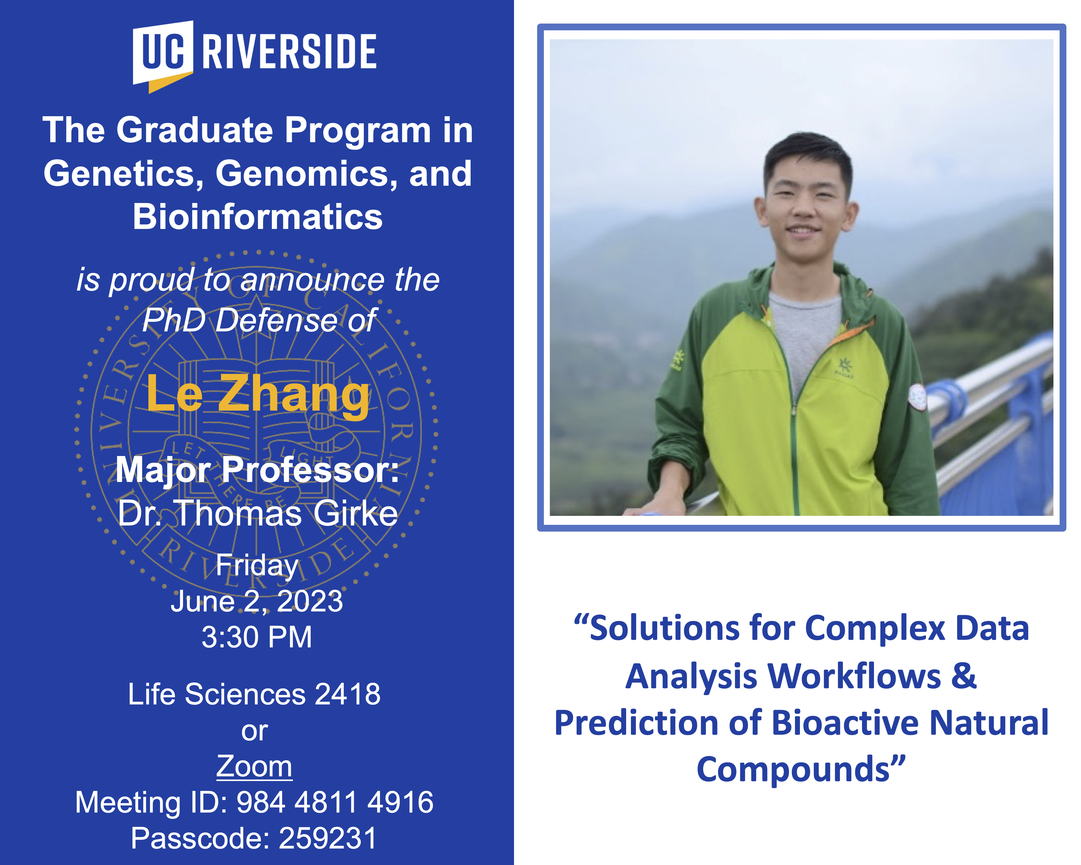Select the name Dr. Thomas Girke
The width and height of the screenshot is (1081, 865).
coord(258,514)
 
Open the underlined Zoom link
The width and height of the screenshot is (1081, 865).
coord(254,767)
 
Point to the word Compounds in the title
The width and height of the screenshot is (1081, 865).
coord(793,770)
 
